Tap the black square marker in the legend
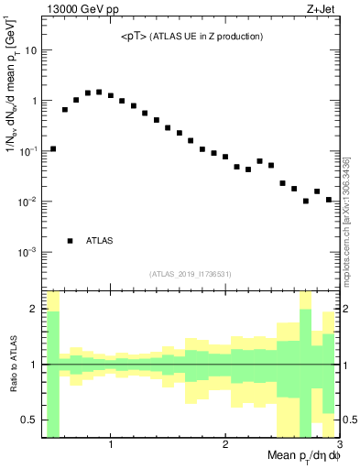[70, 241]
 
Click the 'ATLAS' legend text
[100, 241]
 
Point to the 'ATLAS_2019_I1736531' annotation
[191, 274]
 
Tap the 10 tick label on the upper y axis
[30, 50]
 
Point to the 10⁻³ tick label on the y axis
[27, 251]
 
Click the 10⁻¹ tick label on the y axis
[27, 150]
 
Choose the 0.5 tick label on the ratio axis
[29, 420]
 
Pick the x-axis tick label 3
[338, 446]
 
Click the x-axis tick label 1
[111, 446]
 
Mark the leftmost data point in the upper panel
[53, 148]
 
